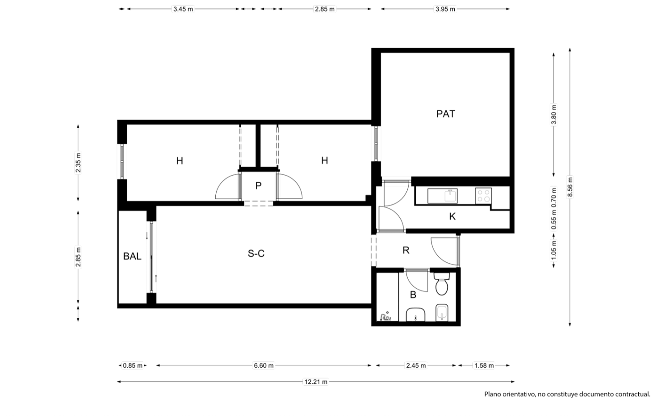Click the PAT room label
click(445, 114)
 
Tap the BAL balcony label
click(132, 256)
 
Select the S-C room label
click(256, 253)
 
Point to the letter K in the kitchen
click(452, 216)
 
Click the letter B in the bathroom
click(413, 295)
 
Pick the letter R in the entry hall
click(406, 250)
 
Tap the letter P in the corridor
click(259, 186)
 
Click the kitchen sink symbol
click(442, 196)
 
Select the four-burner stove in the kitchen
click(483, 196)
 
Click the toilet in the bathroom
click(442, 283)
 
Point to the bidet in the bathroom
click(442, 312)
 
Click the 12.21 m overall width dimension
click(316, 382)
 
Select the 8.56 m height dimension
click(570, 187)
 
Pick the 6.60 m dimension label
click(264, 366)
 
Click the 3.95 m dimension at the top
click(445, 9)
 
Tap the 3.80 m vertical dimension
click(554, 115)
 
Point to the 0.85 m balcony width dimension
click(133, 366)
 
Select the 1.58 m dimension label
click(484, 366)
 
